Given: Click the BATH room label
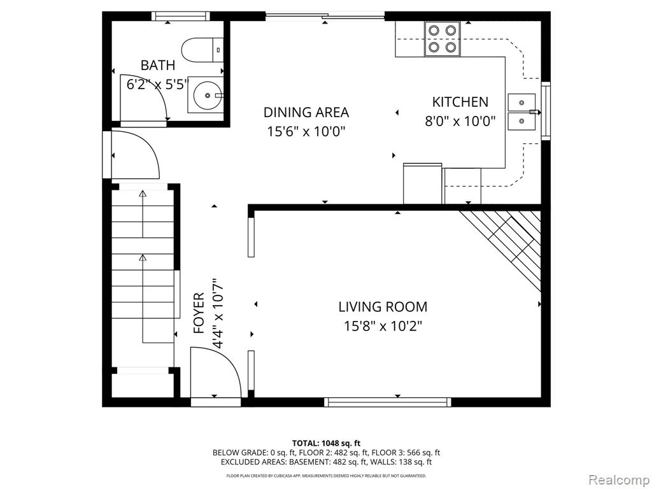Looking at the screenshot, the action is click(158, 66).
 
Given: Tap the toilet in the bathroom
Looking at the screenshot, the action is click(202, 50).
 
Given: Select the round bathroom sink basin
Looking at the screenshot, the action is click(207, 95).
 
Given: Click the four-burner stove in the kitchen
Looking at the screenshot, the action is click(442, 39).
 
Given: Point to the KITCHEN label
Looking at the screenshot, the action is click(460, 102).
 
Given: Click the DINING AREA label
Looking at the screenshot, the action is click(306, 112).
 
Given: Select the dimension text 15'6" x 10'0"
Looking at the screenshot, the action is click(306, 132).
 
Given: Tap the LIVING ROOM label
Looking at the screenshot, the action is click(383, 307).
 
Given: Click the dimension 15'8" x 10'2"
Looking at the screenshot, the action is click(383, 326).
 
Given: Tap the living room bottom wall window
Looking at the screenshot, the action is click(388, 402).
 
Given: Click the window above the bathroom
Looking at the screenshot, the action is click(180, 16).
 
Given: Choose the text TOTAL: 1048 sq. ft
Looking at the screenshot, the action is click(323, 443).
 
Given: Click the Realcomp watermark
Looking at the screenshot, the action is click(618, 480).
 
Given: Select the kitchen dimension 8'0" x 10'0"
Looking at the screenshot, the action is click(460, 122).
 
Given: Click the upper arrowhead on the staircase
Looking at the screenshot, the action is click(143, 194).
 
